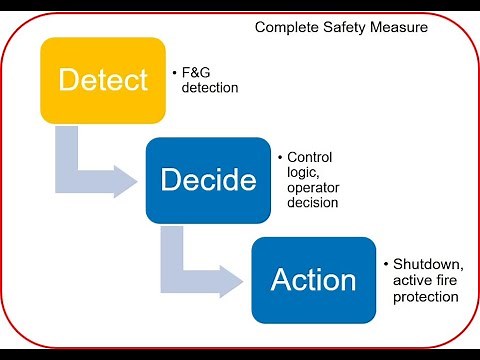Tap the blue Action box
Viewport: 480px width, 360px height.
(x=313, y=280)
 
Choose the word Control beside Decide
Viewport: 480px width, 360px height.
(x=309, y=158)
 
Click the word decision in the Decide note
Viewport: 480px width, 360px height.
(x=313, y=202)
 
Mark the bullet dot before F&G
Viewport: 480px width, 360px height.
(x=174, y=74)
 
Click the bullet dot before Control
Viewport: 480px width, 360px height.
(x=279, y=158)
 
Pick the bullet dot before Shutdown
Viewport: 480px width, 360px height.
(x=386, y=264)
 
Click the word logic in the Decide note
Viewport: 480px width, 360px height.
(x=303, y=173)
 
